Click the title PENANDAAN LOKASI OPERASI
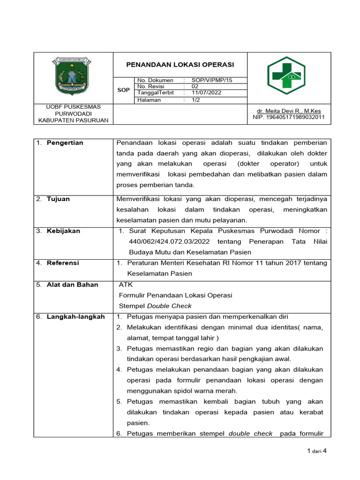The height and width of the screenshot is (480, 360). click(x=180, y=65)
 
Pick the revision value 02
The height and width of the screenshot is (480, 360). click(x=196, y=86)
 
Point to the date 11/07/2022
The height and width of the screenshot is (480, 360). click(x=206, y=93)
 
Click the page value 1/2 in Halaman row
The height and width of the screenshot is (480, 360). click(x=196, y=100)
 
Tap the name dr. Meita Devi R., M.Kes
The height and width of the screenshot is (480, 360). click(x=288, y=111)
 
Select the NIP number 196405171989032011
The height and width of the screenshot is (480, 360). click(x=288, y=117)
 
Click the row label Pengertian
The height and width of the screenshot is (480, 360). click(x=65, y=143)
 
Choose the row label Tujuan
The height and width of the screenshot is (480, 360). click(x=58, y=199)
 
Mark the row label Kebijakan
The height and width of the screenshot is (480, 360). click(x=63, y=231)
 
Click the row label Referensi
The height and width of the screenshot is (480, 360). click(x=63, y=263)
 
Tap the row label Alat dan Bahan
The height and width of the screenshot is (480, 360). click(x=72, y=285)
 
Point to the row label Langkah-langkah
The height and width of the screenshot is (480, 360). click(x=75, y=317)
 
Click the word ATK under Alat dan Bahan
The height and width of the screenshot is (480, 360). click(x=126, y=285)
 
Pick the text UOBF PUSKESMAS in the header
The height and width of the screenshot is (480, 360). click(x=73, y=107)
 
